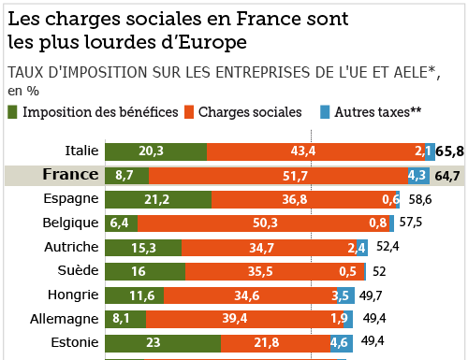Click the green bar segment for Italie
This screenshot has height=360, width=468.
156,151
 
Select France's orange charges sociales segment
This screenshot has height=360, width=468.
278,176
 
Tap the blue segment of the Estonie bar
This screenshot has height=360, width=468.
342,343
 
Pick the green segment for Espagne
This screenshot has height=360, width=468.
158,200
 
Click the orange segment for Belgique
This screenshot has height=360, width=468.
264,223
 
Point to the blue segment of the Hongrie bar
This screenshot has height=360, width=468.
345,295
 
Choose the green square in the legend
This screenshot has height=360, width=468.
12,112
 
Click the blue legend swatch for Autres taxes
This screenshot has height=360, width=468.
325,112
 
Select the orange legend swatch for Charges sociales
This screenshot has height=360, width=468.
189,112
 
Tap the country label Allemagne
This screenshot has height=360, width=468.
65,319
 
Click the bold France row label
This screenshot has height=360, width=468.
70,174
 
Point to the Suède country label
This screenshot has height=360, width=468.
78,270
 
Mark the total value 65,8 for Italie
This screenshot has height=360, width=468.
449,151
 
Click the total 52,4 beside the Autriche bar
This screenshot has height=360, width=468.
388,247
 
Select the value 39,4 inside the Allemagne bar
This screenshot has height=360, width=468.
235,319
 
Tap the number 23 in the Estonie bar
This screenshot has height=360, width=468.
154,342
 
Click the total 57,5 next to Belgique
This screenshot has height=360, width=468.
411,223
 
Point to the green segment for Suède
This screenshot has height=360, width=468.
145,271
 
